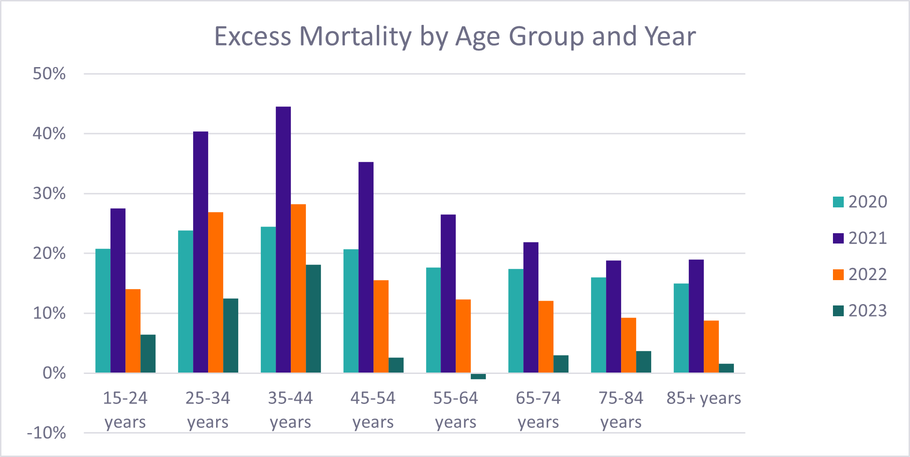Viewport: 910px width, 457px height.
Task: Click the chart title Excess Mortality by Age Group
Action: click(x=454, y=36)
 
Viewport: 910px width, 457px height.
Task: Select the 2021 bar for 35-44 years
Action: click(x=283, y=239)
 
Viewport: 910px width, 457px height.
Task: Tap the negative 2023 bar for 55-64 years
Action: click(x=478, y=376)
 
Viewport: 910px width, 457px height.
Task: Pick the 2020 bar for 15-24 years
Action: click(x=103, y=311)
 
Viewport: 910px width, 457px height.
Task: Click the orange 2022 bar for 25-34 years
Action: click(x=216, y=292)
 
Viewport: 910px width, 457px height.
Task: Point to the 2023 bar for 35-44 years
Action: click(x=313, y=319)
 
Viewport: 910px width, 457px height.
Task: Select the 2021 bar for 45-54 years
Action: click(x=366, y=267)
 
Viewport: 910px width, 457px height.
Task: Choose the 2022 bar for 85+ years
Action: click(x=711, y=347)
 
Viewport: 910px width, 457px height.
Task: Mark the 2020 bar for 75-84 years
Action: click(x=599, y=325)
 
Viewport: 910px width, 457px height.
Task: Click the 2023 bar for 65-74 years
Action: click(x=561, y=364)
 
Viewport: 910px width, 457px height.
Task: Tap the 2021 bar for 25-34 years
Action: click(x=201, y=252)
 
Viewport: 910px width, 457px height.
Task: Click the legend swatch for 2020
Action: click(x=838, y=202)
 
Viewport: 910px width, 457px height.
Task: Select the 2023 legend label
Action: click(x=867, y=311)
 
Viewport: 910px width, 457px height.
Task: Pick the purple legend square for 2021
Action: click(x=838, y=238)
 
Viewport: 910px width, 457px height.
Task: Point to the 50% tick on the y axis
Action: click(x=49, y=74)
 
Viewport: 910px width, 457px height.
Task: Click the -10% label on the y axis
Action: click(x=47, y=433)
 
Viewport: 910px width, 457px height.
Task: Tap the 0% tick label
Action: click(x=54, y=373)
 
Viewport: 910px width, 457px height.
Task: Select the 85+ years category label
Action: click(x=703, y=398)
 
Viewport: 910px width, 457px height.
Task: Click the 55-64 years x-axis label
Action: click(x=455, y=410)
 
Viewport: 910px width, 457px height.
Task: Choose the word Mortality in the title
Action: click(x=356, y=36)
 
